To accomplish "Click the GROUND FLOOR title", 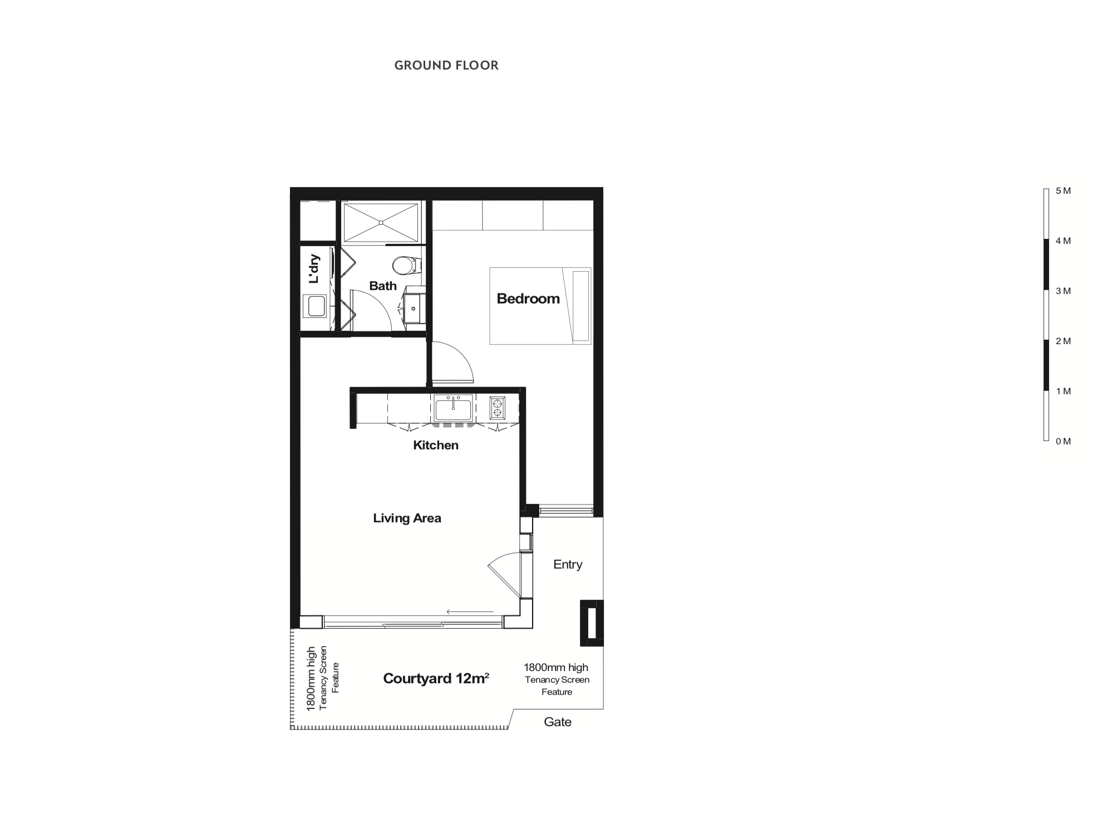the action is click(446, 65).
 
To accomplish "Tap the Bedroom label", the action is click(528, 299).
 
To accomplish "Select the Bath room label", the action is click(383, 286).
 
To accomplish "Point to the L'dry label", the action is click(314, 269).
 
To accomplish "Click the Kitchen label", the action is click(436, 445).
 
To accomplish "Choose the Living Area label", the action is click(407, 518).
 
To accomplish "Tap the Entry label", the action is click(568, 564).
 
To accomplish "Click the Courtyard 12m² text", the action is click(436, 678).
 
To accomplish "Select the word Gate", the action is click(558, 722).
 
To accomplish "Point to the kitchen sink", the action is click(454, 408).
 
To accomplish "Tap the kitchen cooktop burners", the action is click(498, 407).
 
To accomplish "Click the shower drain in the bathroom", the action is click(381, 223).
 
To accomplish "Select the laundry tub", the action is click(314, 306).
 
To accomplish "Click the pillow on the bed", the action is click(581, 306).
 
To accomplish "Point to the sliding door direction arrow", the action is click(470, 612).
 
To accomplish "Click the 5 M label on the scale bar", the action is click(1063, 191).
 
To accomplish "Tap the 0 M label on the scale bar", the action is click(1063, 442).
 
